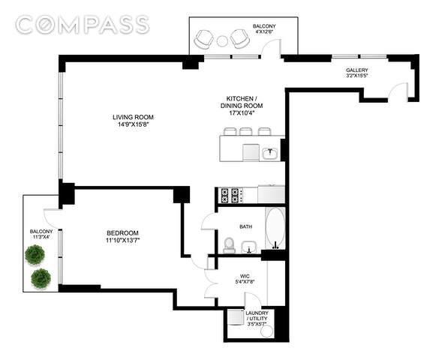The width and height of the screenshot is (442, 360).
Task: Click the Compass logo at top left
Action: point(82,25)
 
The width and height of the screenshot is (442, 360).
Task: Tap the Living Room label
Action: point(133,117)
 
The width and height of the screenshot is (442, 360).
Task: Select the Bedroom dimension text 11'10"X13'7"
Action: point(123,240)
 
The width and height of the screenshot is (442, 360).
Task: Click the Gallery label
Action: point(357,70)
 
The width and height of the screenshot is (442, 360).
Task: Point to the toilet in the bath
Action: point(229,244)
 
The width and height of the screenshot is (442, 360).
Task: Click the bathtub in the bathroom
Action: point(275,228)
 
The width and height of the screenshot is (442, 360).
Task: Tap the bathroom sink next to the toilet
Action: point(248,247)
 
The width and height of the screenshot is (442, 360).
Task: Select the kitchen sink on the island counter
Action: point(270,153)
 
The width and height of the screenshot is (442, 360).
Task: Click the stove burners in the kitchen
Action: point(230,195)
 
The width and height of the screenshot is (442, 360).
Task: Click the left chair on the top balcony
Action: point(203,39)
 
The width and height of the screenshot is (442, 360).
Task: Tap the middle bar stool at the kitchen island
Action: point(246,131)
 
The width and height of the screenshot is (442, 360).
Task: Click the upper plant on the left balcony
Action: point(35,254)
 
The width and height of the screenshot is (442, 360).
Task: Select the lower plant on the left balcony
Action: point(41,278)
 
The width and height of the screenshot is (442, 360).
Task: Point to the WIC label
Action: point(245,276)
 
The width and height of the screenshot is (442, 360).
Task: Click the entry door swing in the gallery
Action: point(398,90)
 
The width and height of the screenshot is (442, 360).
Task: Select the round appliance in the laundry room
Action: point(266,331)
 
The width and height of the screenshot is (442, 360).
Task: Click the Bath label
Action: point(246,226)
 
